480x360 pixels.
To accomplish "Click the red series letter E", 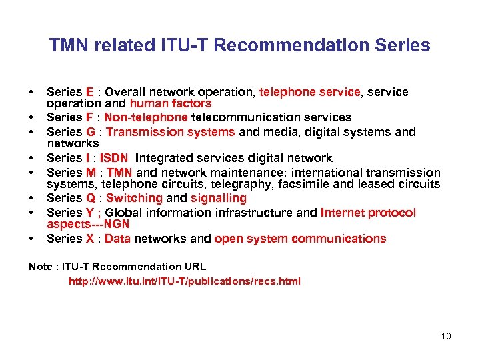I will (x=89, y=92).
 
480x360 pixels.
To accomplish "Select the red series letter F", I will (x=89, y=117).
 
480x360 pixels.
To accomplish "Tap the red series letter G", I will (x=90, y=132).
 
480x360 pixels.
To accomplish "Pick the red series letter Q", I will (x=90, y=198).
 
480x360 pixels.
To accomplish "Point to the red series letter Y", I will (x=89, y=213).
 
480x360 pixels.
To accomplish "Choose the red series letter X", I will (x=89, y=239).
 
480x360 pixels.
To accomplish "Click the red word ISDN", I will (x=115, y=158).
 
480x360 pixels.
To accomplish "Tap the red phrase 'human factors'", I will (x=171, y=103).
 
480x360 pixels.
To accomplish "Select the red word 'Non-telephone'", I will (x=147, y=117).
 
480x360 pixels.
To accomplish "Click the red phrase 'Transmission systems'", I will (x=171, y=132).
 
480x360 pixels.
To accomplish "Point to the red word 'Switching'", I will (x=134, y=198).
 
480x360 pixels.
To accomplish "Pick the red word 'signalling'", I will (x=219, y=198).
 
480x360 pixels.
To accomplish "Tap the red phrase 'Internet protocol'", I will (x=368, y=213).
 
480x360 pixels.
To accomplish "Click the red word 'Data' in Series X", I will (x=118, y=239).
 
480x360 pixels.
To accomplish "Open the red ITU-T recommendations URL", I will (x=185, y=281).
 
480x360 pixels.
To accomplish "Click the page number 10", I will (x=445, y=336).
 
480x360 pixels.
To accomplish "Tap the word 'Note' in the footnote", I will (x=40, y=267).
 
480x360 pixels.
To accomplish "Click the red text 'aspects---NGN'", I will (x=88, y=224).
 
